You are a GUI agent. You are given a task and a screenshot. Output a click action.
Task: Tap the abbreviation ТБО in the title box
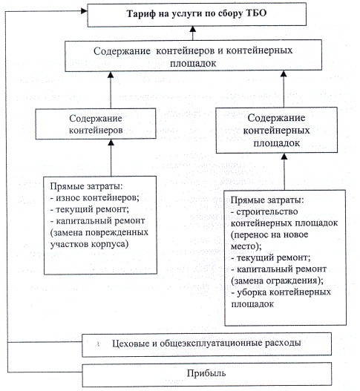click(x=257, y=13)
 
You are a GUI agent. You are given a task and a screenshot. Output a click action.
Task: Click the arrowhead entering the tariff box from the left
click(x=84, y=10)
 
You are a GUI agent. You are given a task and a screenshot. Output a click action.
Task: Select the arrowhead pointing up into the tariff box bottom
click(x=192, y=29)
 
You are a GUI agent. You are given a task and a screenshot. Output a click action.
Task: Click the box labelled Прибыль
click(x=207, y=374)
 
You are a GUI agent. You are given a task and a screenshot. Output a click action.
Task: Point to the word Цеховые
click(x=131, y=344)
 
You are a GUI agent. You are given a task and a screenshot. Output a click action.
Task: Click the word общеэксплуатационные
click(x=211, y=344)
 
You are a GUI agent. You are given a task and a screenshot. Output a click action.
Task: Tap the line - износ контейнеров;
click(x=94, y=198)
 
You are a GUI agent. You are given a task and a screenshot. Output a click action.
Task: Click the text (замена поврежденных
click(x=99, y=232)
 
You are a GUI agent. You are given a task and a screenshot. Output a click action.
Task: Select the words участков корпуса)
click(x=89, y=244)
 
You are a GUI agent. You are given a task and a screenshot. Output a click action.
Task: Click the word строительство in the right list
click(x=267, y=211)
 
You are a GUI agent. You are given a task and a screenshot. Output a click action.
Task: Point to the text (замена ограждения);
click(x=277, y=281)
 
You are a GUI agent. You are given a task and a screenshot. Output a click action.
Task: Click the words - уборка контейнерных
click(x=281, y=292)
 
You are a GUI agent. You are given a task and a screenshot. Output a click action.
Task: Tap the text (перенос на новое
click(x=269, y=234)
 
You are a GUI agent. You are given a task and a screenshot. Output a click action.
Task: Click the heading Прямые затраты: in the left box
click(x=86, y=186)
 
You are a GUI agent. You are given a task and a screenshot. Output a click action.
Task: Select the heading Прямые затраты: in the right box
click(x=267, y=200)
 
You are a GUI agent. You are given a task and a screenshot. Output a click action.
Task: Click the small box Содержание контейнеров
click(x=96, y=124)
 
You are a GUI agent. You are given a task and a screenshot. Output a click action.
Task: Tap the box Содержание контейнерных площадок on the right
click(x=277, y=130)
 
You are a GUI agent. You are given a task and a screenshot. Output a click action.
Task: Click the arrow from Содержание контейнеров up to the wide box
click(x=111, y=90)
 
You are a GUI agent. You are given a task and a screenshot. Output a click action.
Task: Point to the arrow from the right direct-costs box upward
click(x=284, y=171)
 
